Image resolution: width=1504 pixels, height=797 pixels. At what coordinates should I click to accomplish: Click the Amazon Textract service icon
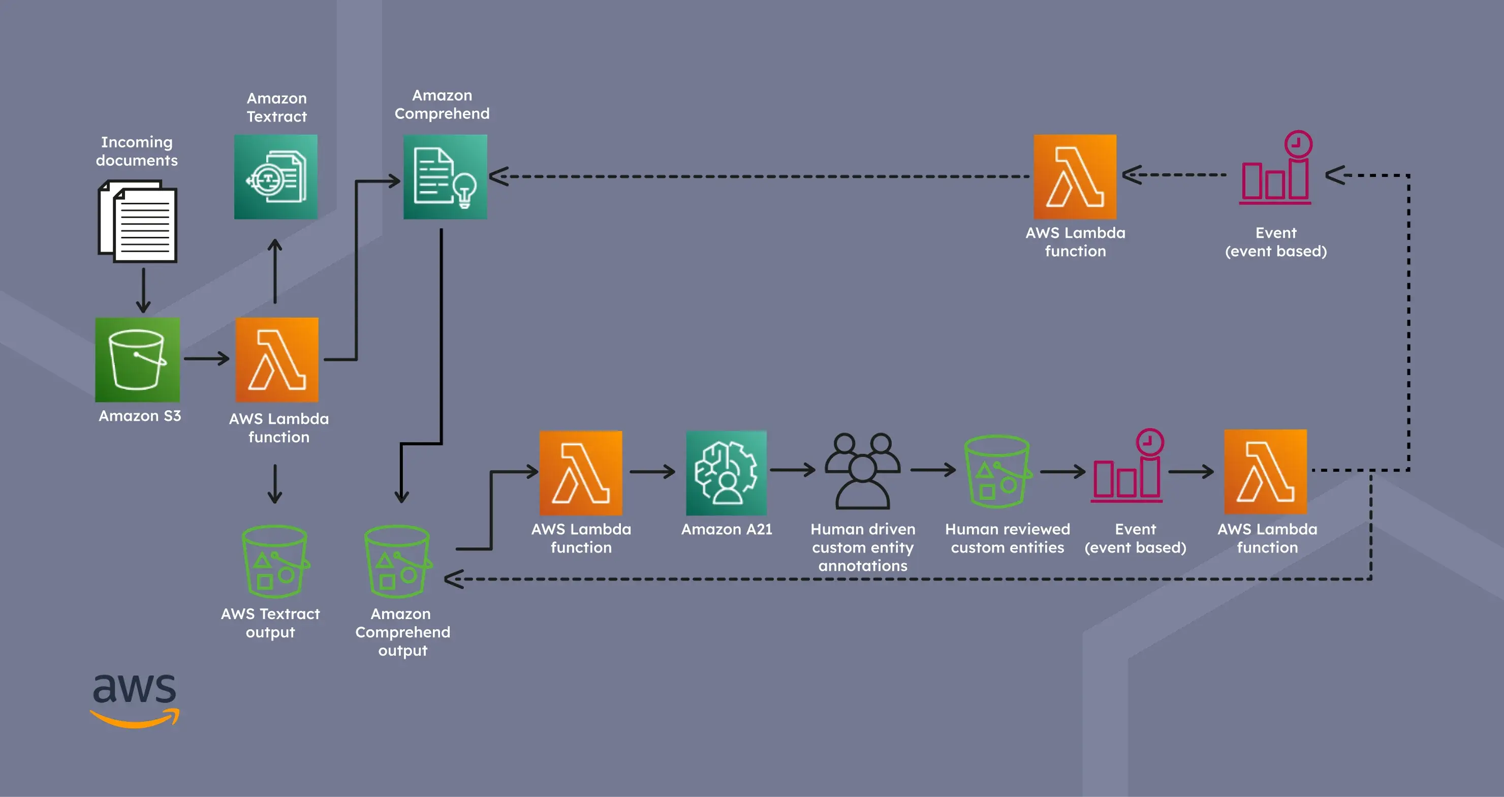coord(275,176)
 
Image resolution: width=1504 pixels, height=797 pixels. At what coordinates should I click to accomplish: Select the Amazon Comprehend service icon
coord(445,176)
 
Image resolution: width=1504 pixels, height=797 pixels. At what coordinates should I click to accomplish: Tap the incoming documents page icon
coord(138,222)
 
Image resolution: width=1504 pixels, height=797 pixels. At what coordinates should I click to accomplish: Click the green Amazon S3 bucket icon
coord(137,360)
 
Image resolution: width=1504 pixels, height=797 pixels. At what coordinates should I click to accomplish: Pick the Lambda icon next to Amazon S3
coord(277,360)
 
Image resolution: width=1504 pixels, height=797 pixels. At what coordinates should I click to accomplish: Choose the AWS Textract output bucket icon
coord(274,562)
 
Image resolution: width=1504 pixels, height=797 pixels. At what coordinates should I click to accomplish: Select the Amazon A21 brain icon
coord(726,472)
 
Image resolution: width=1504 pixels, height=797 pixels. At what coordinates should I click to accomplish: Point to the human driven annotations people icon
coord(862,471)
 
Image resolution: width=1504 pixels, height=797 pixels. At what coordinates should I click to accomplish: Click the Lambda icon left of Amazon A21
coord(581,472)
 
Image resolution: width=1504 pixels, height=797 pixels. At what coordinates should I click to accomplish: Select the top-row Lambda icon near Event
coord(1075,176)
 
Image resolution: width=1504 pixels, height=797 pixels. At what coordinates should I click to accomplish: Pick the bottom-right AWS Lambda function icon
coord(1265,472)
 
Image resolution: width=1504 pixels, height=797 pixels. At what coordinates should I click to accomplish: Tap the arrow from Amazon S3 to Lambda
coord(207,358)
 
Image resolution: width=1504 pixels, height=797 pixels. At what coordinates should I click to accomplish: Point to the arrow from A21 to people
coord(792,470)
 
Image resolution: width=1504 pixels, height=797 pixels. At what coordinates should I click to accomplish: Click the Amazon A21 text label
coord(726,529)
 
